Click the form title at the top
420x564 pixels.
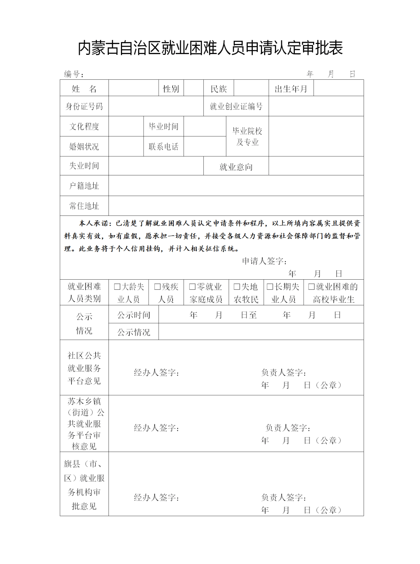[210, 48]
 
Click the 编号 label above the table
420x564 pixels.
[73, 74]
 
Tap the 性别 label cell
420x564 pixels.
[171, 89]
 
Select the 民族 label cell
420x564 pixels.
[219, 89]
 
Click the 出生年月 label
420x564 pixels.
[291, 89]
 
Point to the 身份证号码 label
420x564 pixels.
[84, 106]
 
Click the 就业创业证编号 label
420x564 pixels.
[236, 106]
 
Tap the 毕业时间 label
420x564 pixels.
[163, 126]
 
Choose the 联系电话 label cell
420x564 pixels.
[163, 147]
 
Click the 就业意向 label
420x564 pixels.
[236, 167]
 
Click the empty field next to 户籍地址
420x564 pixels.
[236, 186]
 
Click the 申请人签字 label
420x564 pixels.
[264, 261]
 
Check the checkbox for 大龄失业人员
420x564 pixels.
[117, 287]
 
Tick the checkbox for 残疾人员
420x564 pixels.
[157, 287]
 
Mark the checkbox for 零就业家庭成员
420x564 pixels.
[192, 287]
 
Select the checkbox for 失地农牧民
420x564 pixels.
[237, 287]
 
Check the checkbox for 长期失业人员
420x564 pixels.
[270, 287]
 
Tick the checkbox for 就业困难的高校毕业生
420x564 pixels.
[311, 287]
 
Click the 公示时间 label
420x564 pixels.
[134, 315]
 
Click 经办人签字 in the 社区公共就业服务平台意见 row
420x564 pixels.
[156, 373]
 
